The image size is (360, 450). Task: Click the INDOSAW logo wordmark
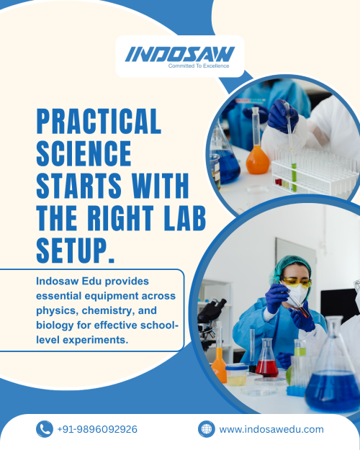[180, 54]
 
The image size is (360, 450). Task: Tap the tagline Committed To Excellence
[199, 66]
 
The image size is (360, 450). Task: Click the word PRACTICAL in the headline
[99, 121]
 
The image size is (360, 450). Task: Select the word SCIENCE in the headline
[84, 153]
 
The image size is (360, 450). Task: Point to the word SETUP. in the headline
[76, 251]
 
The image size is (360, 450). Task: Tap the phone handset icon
[45, 429]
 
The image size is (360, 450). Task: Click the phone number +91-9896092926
[97, 429]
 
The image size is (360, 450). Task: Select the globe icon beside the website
[207, 429]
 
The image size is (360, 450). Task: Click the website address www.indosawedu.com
[271, 430]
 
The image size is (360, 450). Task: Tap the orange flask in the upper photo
[258, 140]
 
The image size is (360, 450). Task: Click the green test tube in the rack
[294, 177]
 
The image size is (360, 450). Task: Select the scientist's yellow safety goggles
[296, 282]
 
